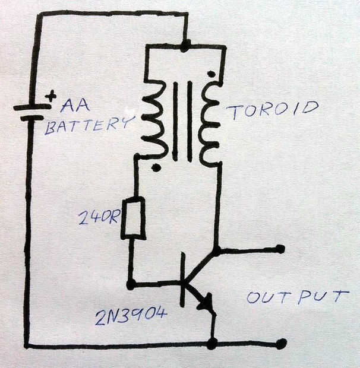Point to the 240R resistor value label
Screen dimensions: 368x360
[99, 218]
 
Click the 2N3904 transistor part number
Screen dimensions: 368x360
[131, 318]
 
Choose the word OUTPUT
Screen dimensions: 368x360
[297, 296]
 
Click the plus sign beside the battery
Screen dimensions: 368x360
[51, 96]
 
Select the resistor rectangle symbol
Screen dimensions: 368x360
[133, 219]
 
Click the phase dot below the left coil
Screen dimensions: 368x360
[156, 168]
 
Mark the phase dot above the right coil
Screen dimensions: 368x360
[210, 74]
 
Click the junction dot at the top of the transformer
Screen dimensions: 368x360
[185, 45]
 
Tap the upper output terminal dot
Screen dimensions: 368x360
[280, 249]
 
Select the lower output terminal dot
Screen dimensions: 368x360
[281, 344]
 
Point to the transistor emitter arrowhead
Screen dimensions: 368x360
[206, 304]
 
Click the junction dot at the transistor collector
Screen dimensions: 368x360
[217, 251]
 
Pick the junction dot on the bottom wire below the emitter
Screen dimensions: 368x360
[212, 344]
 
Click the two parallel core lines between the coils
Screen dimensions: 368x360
[182, 122]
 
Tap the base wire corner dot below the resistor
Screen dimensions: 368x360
[131, 284]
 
